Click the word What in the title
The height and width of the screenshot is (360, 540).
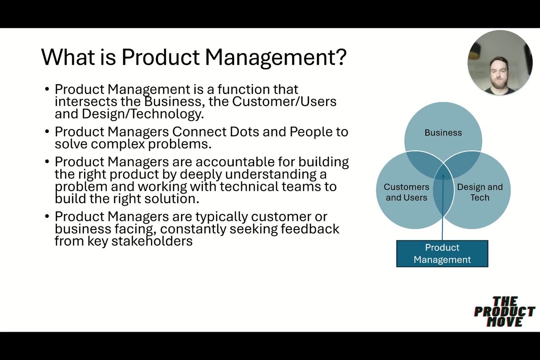click(68, 57)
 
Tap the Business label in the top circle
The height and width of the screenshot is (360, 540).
click(443, 133)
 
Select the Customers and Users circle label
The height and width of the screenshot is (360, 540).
click(406, 192)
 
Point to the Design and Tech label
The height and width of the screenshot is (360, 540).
click(480, 192)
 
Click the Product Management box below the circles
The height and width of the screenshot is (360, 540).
click(442, 253)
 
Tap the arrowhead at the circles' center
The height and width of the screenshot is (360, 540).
click(443, 176)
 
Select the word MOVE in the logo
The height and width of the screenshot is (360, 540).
click(505, 322)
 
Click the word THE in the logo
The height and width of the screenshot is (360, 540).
click(505, 301)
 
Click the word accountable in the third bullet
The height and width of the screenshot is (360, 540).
click(235, 162)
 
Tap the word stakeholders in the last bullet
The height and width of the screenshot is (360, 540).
click(152, 241)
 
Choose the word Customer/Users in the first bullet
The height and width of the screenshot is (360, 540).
click(284, 102)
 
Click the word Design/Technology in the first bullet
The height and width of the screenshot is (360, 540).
click(143, 114)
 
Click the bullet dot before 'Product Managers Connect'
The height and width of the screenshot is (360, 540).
click(47, 132)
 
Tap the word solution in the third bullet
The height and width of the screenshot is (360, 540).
click(172, 199)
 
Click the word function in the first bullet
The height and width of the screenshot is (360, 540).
click(244, 89)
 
